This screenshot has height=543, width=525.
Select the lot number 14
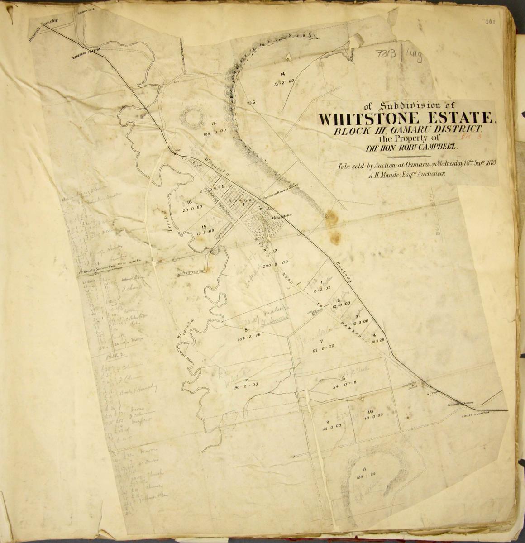click(x=282, y=74)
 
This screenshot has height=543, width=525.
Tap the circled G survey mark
click(x=250, y=102)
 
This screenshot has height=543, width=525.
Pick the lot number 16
click(x=189, y=203)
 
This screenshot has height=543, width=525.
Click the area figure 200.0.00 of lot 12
click(x=275, y=263)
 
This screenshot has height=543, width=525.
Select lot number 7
click(x=321, y=341)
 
